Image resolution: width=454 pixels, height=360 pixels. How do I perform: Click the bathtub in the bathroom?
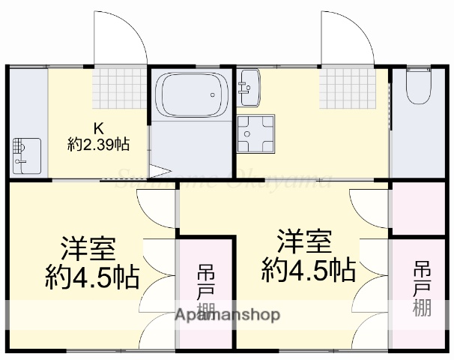pyautogui.click(x=192, y=96)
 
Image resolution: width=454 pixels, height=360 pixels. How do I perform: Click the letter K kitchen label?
pyautogui.click(x=97, y=127)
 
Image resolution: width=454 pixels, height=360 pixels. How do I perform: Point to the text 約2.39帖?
pyautogui.click(x=98, y=144)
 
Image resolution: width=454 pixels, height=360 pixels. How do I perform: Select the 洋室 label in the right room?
pyautogui.click(x=304, y=243)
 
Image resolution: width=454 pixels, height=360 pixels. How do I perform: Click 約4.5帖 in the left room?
pyautogui.click(x=92, y=278)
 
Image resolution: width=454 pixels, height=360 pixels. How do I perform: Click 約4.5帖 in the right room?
pyautogui.click(x=308, y=269)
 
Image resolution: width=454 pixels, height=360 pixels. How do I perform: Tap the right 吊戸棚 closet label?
pyautogui.click(x=422, y=289)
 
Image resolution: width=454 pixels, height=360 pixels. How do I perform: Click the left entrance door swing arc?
pyautogui.click(x=120, y=37)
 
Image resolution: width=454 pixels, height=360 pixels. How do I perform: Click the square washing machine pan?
pyautogui.click(x=255, y=133)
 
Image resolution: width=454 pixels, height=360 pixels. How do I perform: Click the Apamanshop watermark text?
pyautogui.click(x=227, y=315)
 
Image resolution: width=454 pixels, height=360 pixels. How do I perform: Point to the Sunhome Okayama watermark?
pyautogui.click(x=225, y=178)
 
